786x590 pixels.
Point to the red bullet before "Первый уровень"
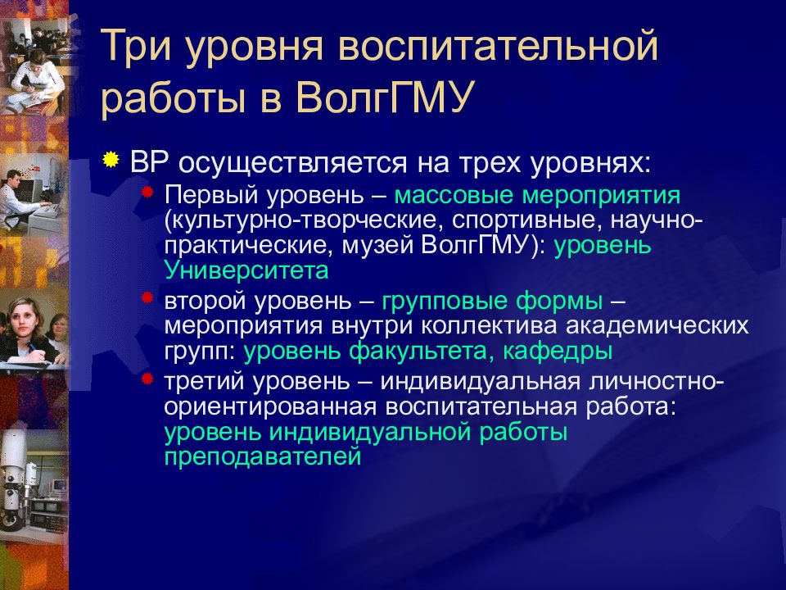(x=147, y=193)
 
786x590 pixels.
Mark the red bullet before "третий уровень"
(x=147, y=378)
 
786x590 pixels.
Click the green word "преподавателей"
(x=262, y=456)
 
